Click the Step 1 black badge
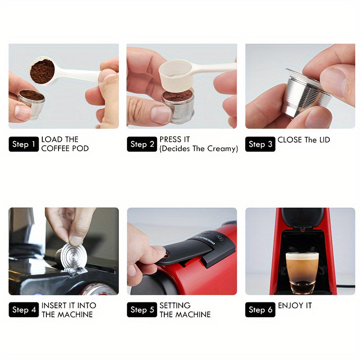(23, 144)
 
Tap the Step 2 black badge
(142, 144)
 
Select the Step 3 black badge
(260, 144)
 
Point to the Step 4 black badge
(23, 310)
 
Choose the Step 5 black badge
(142, 310)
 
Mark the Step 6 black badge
(260, 310)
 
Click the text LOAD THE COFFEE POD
(65, 144)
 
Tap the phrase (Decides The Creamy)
(198, 148)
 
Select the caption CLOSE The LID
(304, 140)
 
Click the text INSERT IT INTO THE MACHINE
(68, 310)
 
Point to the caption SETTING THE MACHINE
(184, 310)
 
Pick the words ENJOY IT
(295, 306)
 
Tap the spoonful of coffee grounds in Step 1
(42, 71)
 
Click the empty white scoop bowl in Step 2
(176, 72)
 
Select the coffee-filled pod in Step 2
(177, 106)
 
